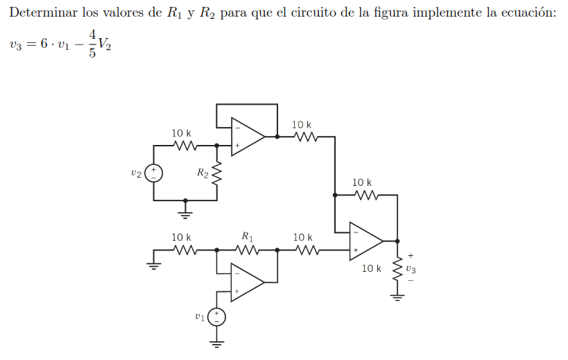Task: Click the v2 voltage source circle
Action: coord(153,173)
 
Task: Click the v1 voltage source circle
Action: coord(216,317)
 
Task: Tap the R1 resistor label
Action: coord(247,236)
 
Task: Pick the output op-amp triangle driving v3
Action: coord(365,239)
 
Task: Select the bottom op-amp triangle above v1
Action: coord(247,282)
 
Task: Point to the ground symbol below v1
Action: coord(216,342)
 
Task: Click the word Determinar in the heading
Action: coord(41,13)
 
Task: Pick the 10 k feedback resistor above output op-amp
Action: coord(366,196)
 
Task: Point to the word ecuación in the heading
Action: coord(528,13)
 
